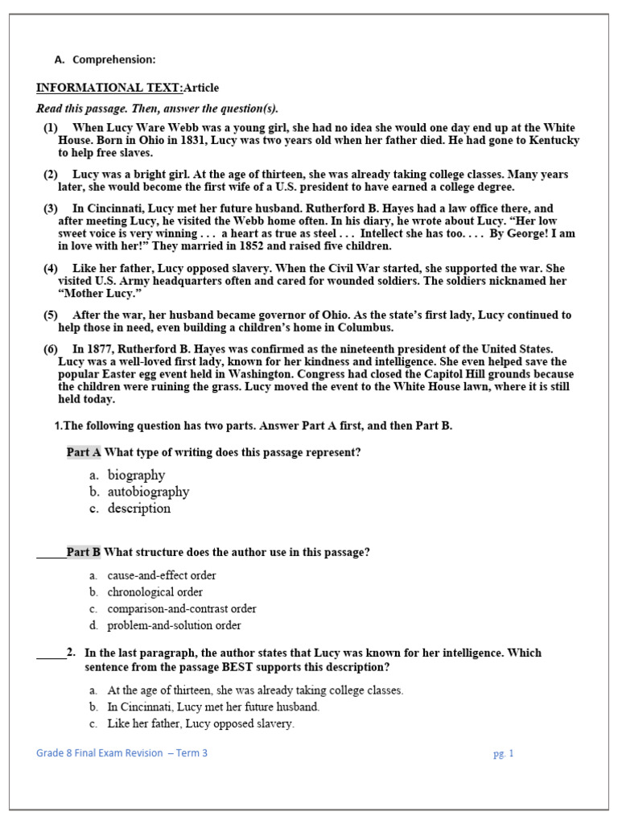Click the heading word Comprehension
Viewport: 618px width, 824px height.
tap(113, 60)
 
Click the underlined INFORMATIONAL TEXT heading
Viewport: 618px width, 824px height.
tap(109, 88)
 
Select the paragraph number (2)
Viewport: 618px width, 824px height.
tap(51, 175)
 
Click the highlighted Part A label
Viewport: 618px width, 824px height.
tap(84, 452)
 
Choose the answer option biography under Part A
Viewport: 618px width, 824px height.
tap(136, 475)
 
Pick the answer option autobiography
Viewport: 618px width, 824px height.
tap(148, 492)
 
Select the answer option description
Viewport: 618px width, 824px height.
tap(139, 509)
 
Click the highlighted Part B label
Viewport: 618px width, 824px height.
tap(84, 552)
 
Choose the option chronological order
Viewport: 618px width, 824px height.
tap(154, 592)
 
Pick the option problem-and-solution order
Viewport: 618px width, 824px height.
tap(174, 625)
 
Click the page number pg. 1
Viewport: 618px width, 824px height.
tap(503, 754)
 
